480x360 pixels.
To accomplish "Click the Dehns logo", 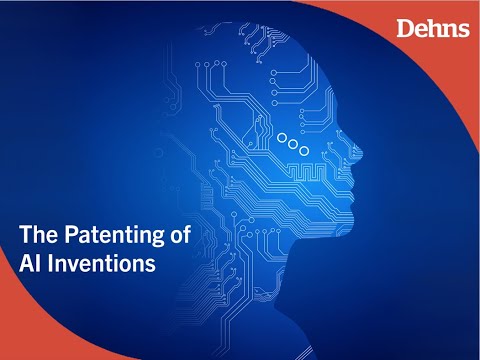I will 433,27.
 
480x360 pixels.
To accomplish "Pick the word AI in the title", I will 31,265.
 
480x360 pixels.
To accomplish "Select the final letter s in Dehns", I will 463,28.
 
